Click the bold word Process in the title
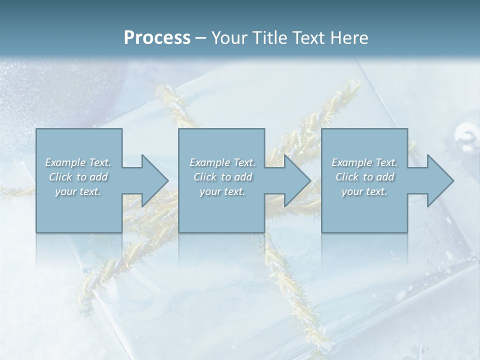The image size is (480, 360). tap(157, 38)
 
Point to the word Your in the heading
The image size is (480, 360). tap(229, 38)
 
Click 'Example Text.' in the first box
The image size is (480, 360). tap(78, 162)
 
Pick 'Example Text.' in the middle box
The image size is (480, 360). tap(222, 162)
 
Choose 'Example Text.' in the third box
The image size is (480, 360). tap(364, 162)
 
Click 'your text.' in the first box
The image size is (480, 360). tap(78, 191)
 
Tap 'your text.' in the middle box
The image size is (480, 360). tap(222, 191)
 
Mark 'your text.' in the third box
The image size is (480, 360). tap(364, 191)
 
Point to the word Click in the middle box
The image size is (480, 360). tap(205, 177)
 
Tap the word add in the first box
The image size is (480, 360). tap(99, 177)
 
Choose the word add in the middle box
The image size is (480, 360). tap(243, 177)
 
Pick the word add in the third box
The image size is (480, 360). tap(385, 177)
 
